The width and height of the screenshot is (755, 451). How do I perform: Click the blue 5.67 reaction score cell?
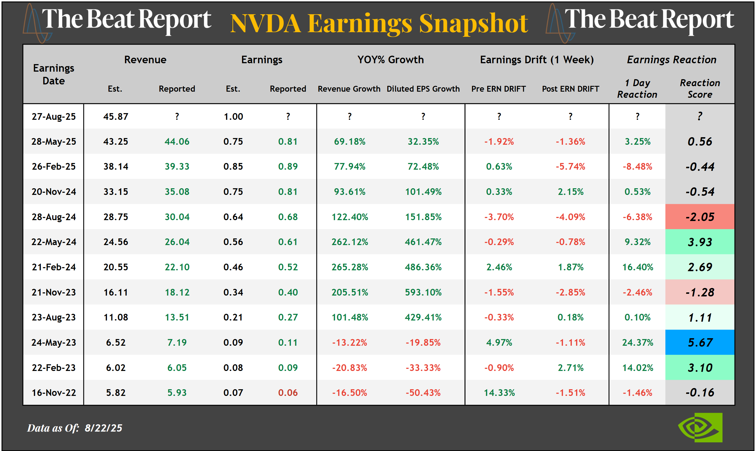699,343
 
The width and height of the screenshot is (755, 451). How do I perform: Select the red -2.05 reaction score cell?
699,217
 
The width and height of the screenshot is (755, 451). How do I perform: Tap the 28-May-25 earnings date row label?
54,141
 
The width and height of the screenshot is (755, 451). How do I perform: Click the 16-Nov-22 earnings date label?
54,393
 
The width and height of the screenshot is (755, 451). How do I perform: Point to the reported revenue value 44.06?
177,141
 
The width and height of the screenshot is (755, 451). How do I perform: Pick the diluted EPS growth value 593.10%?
423,292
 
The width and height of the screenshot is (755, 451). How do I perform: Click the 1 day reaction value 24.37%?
637,343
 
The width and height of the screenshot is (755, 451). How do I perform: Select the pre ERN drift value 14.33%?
499,393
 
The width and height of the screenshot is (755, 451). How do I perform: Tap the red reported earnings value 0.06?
288,393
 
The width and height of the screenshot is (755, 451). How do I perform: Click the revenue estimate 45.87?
115,116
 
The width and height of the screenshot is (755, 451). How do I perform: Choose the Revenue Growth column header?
349,89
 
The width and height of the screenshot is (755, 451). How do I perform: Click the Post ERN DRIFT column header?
570,89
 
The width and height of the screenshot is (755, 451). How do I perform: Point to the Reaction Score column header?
699,88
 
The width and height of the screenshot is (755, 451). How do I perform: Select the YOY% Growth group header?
390,59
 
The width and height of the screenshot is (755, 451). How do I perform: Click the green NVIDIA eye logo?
700,427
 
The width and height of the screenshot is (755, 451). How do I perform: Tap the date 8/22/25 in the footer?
103,428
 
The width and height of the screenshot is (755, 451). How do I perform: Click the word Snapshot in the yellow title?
473,23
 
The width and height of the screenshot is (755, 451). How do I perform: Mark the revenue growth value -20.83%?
350,368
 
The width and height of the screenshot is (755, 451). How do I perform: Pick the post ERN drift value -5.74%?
570,166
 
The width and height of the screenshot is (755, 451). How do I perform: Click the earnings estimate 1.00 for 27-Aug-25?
233,116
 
